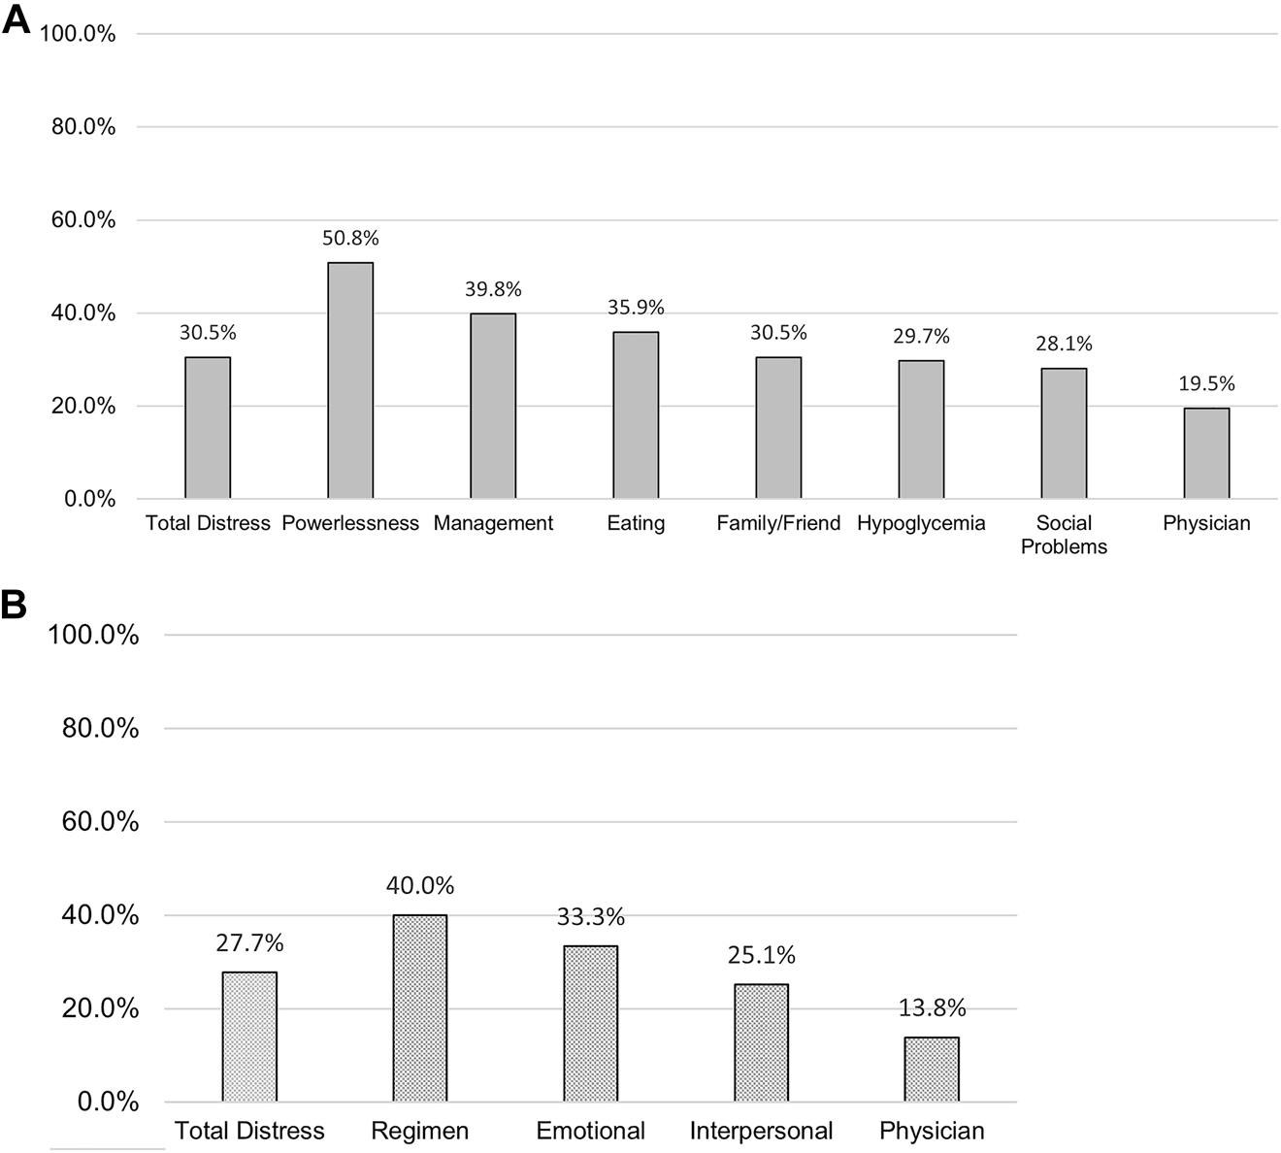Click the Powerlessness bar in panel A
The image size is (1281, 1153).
pos(350,380)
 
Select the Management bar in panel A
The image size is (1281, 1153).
pos(493,406)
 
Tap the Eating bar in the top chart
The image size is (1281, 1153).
pos(636,415)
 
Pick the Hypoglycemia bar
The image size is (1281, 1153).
pos(921,430)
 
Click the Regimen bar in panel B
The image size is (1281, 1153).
pos(420,1008)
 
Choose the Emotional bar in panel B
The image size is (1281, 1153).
pos(591,1024)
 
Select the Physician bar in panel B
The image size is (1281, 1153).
pos(932,1070)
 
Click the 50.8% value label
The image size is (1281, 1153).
pos(350,238)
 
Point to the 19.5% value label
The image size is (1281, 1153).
pos(1206,383)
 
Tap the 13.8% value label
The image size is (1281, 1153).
pos(932,1008)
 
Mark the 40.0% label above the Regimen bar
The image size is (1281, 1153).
pos(420,885)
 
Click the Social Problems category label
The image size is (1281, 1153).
pos(1064,535)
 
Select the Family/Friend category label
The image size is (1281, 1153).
pos(778,523)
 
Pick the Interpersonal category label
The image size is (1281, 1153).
pos(762,1131)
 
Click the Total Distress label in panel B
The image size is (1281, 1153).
pos(249,1131)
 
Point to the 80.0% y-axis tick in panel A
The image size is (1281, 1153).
pos(83,127)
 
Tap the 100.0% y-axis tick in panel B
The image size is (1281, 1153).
pos(96,636)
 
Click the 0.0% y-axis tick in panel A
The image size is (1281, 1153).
pos(89,499)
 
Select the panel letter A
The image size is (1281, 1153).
pos(16,20)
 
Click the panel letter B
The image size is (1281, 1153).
pos(15,605)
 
